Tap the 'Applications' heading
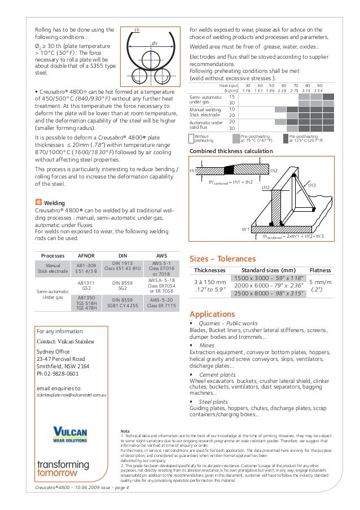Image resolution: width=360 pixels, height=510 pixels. click(x=212, y=313)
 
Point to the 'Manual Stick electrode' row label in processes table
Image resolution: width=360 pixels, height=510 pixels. click(x=52, y=268)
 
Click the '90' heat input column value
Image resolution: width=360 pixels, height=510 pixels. click(x=319, y=85)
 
